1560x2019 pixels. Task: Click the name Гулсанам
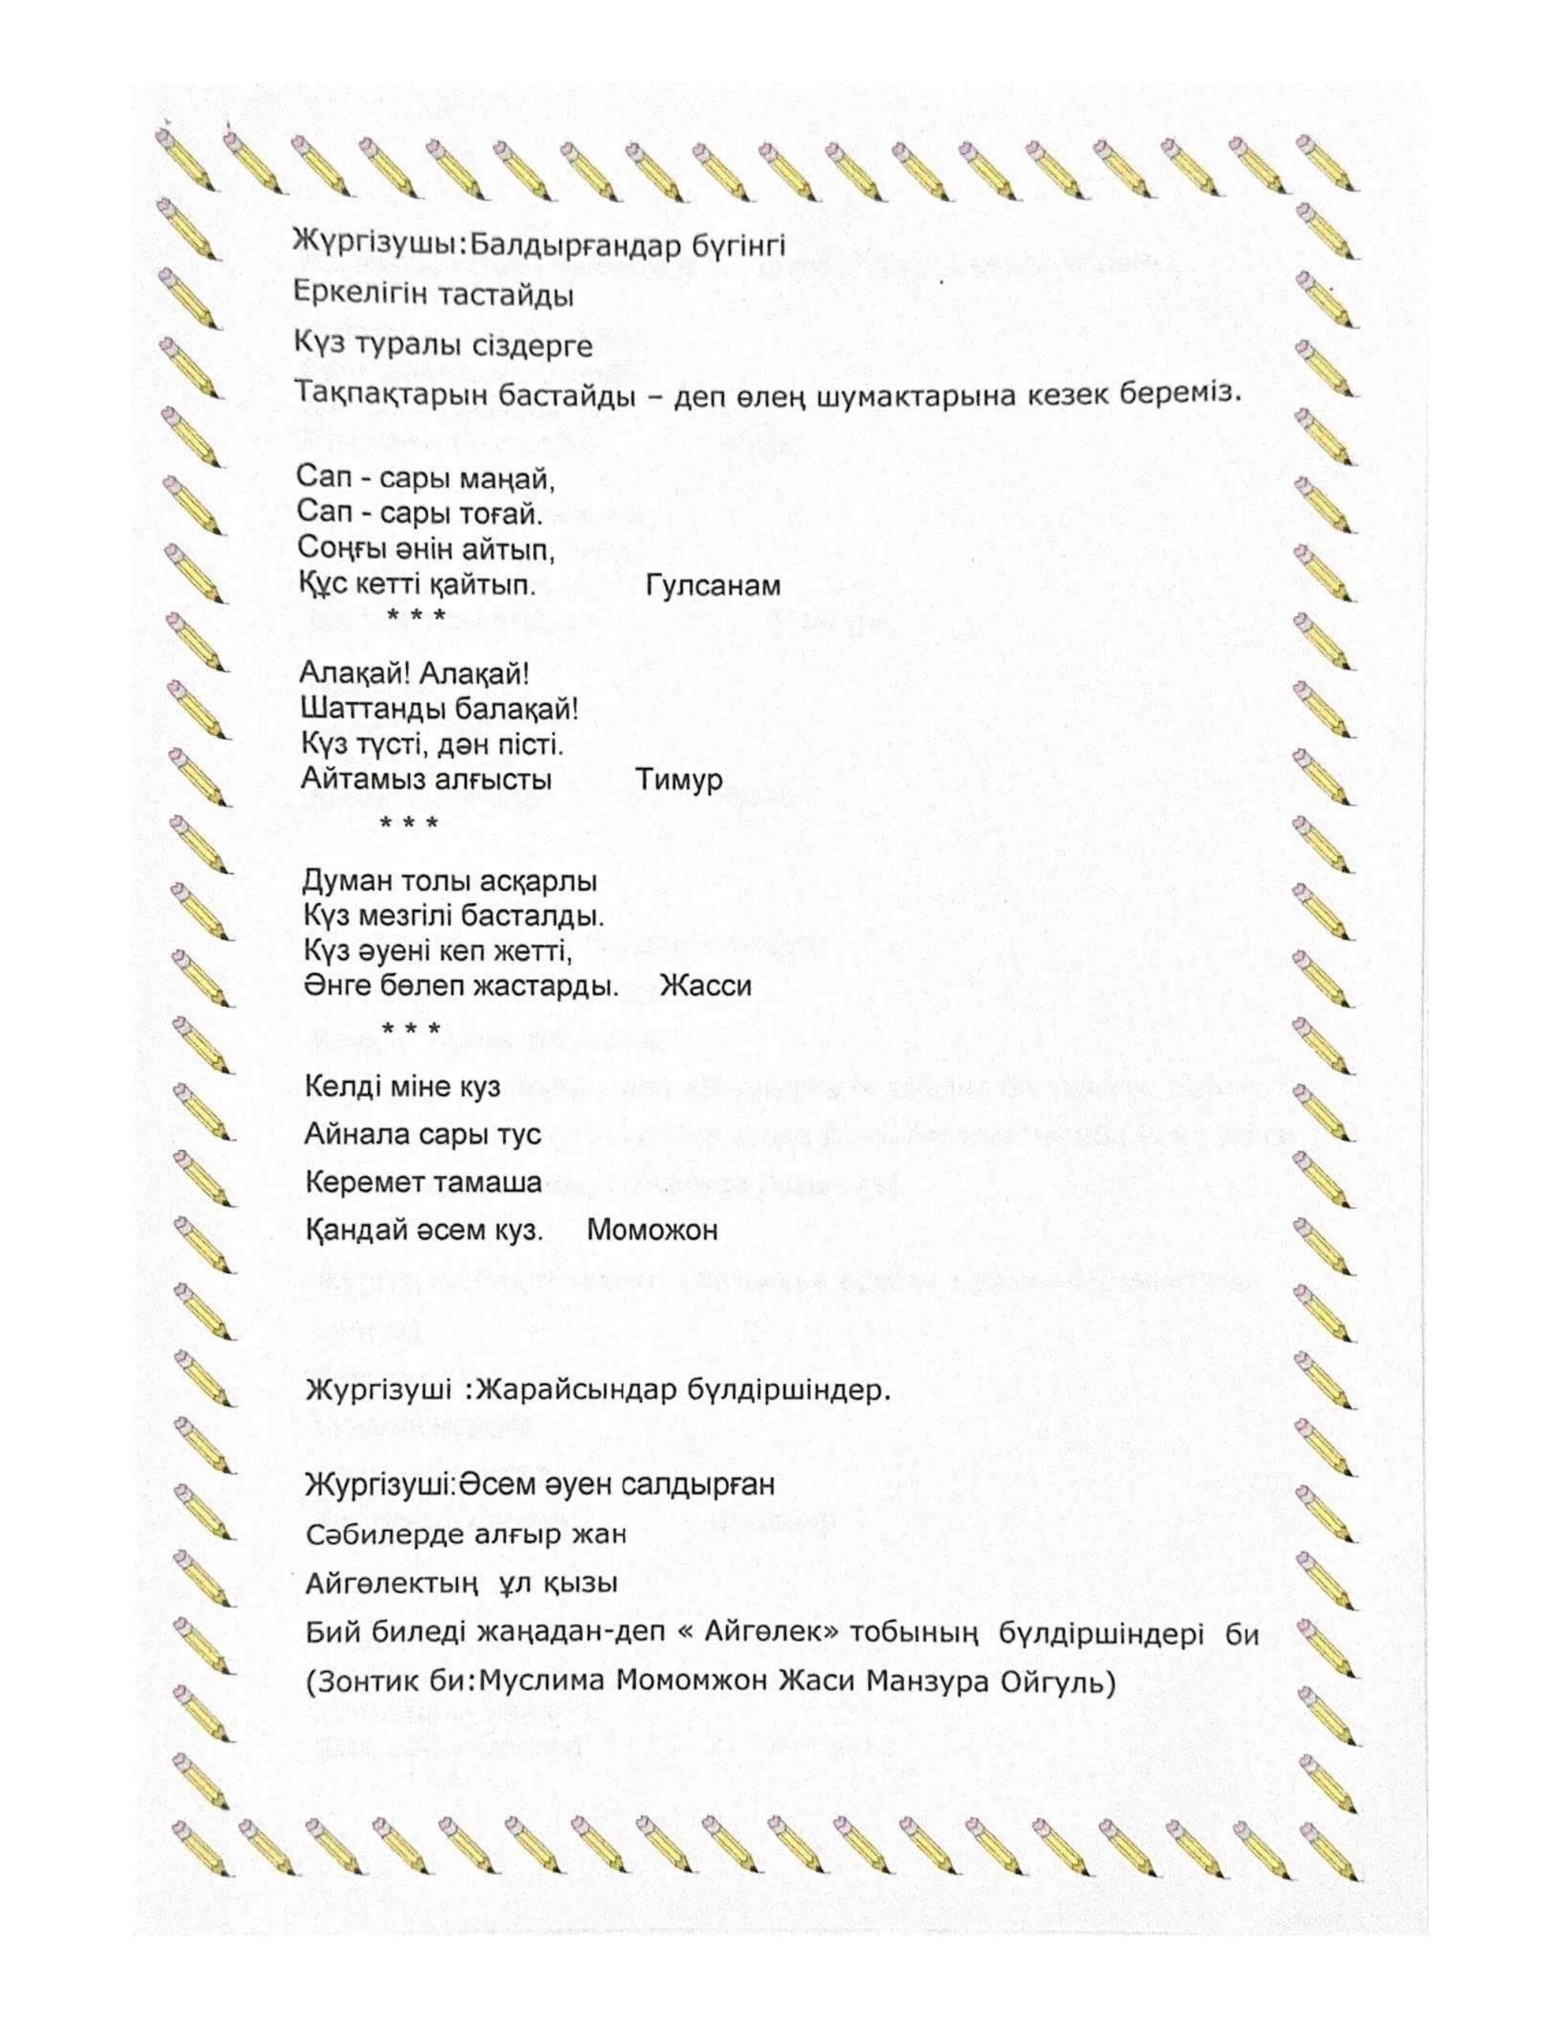[713, 586]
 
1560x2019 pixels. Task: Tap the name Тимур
[679, 779]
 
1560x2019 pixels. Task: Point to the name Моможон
[652, 1230]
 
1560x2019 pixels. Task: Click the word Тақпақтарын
[382, 394]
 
